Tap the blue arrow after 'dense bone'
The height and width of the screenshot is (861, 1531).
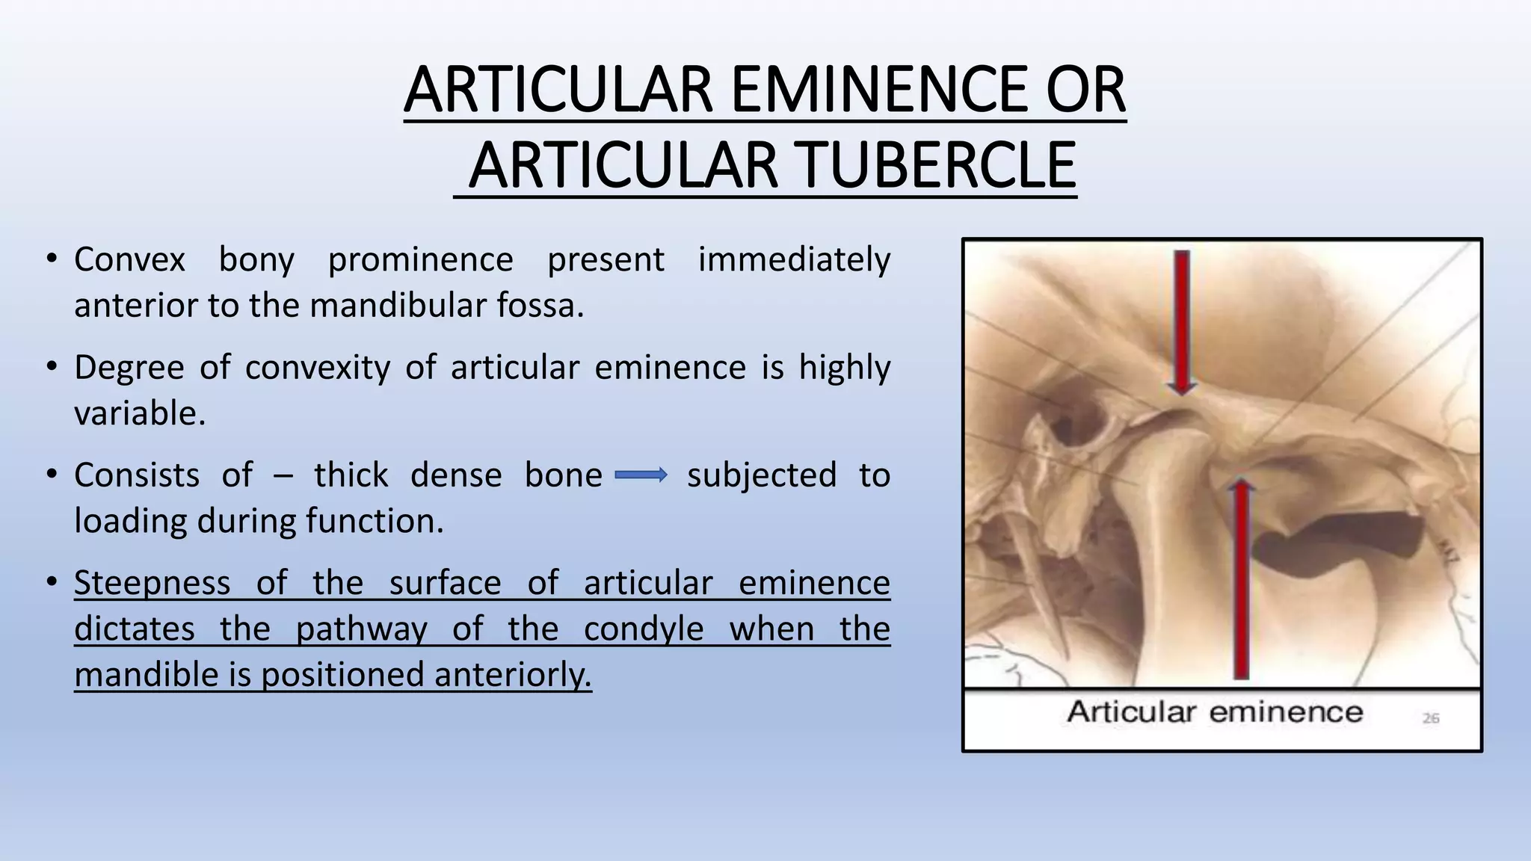click(641, 475)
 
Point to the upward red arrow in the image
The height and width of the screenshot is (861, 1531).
click(1241, 579)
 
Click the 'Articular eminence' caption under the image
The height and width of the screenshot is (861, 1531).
click(1215, 712)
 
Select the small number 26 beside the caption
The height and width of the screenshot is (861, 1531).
click(1430, 718)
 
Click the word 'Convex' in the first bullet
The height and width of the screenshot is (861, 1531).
click(129, 260)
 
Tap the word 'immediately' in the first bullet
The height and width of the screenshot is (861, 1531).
click(794, 260)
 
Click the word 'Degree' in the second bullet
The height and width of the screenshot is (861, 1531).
click(129, 368)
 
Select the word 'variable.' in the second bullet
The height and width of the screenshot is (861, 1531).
click(140, 413)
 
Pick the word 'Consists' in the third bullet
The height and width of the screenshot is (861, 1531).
click(137, 475)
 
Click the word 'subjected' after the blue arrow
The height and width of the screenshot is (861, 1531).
click(761, 475)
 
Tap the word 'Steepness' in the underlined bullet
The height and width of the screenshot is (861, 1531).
click(152, 583)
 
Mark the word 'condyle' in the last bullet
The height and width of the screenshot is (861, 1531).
click(643, 629)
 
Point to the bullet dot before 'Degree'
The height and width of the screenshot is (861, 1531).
click(51, 368)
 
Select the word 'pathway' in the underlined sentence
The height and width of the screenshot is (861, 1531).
click(360, 629)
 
